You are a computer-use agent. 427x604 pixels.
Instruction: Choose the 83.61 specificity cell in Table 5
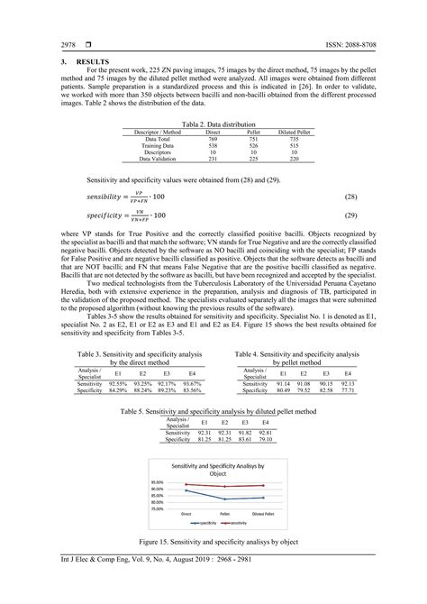click(244, 440)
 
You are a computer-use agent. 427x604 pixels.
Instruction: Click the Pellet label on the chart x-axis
click(224, 511)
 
